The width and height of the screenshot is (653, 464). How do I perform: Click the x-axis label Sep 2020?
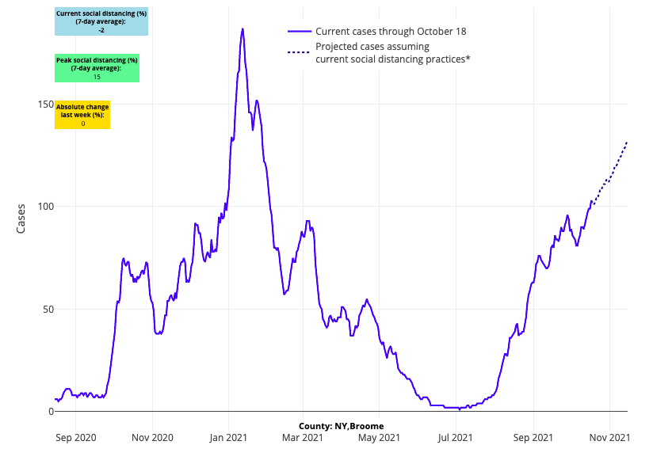(x=76, y=437)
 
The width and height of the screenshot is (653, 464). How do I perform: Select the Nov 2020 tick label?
(x=152, y=437)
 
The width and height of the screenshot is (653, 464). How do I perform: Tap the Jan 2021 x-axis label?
(x=229, y=437)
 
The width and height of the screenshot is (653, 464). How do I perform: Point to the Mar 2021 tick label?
(x=303, y=437)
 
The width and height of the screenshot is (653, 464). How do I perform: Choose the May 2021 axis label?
(x=379, y=437)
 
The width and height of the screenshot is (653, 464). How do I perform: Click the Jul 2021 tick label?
(x=456, y=437)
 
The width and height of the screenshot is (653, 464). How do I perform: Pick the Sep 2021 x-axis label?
(x=533, y=437)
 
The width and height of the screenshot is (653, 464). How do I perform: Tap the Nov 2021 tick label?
(x=610, y=437)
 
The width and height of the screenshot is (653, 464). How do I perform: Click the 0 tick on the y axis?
(x=50, y=412)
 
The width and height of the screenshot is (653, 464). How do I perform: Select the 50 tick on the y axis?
(x=47, y=309)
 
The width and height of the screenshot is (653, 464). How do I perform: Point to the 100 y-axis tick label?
(x=44, y=207)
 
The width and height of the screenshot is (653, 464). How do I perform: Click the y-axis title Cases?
(x=22, y=219)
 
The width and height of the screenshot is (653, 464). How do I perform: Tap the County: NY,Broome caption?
(x=342, y=426)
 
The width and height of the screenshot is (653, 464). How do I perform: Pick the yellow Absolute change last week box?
(x=82, y=115)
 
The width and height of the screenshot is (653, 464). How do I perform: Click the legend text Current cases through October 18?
(x=391, y=32)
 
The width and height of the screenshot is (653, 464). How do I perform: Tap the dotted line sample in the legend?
(x=300, y=52)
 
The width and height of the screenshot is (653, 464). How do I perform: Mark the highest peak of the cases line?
(x=242, y=29)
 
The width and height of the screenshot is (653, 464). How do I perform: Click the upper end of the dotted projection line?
(x=627, y=143)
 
